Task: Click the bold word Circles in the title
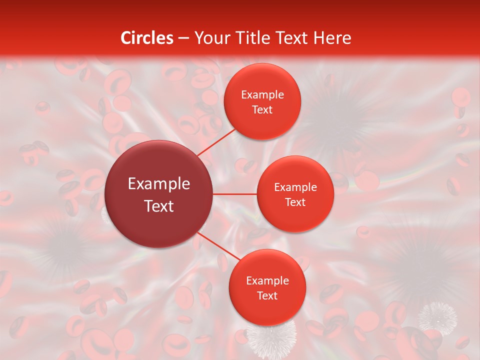click(x=147, y=38)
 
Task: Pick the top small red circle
click(x=262, y=101)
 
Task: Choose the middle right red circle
click(x=295, y=194)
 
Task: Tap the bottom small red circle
click(x=267, y=288)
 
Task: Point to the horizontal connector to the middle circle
click(x=235, y=194)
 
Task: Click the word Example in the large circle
click(x=159, y=184)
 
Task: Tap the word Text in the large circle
click(x=159, y=205)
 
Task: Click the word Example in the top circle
click(x=262, y=94)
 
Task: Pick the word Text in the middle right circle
click(x=295, y=202)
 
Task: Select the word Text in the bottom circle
click(x=267, y=295)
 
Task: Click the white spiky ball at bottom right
click(x=437, y=316)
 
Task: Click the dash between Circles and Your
click(x=183, y=38)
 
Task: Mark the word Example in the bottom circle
click(x=267, y=280)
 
